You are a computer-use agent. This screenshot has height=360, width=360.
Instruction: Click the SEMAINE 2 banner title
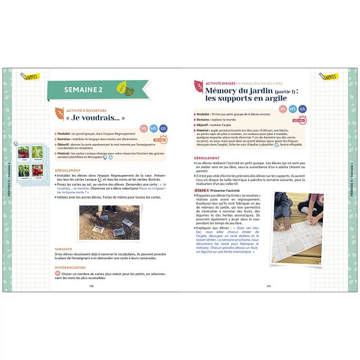pos(83,89)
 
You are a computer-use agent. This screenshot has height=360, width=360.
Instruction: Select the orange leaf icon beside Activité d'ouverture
pos(58,115)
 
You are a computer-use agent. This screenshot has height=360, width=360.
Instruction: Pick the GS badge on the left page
pos(163,129)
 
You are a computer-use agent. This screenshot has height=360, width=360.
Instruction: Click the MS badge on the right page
pos(292,109)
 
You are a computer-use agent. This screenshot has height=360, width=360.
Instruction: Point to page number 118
pos(91,286)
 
